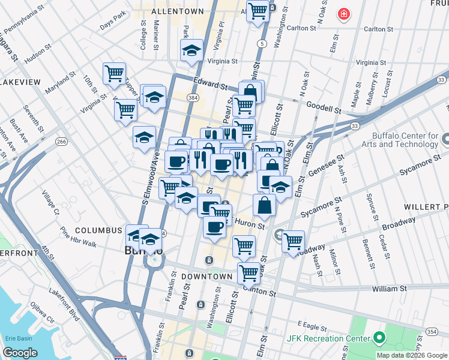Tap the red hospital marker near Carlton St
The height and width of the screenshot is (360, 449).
coord(343,14)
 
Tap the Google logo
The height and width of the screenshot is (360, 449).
coord(20,353)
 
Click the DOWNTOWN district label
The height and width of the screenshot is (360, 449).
coord(208,276)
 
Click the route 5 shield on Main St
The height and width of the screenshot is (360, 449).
coord(262,44)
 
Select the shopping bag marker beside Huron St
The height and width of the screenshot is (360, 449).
coord(264,206)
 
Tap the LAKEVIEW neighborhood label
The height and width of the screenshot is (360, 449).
coord(20,82)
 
